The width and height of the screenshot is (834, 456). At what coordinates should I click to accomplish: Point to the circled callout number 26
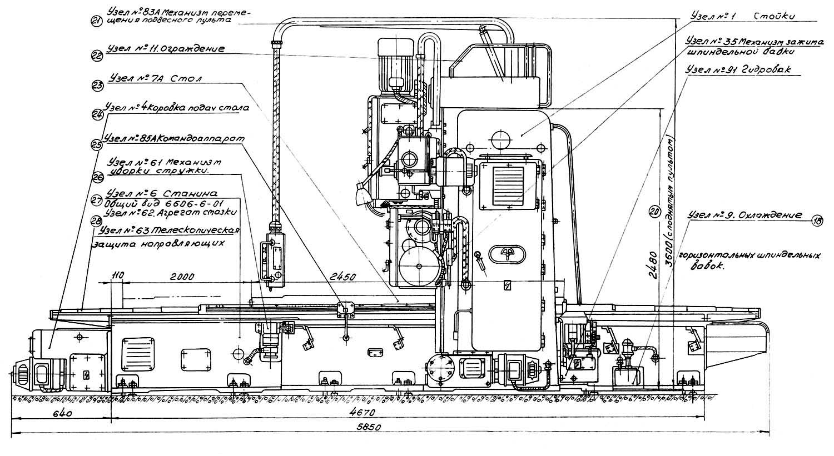tap(97, 177)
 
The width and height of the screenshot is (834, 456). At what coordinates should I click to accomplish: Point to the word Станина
tap(182, 194)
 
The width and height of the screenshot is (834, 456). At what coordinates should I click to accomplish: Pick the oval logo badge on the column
tap(507, 253)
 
